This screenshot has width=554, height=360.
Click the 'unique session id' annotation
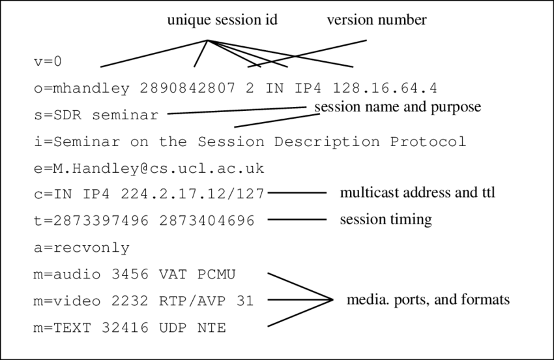[x=222, y=20]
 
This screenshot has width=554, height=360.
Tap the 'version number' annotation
[x=377, y=20]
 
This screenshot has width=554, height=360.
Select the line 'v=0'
[x=48, y=61]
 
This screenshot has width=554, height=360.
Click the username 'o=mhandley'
[x=82, y=88]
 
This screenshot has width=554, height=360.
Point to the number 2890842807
[x=188, y=88]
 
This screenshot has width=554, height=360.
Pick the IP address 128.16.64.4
[x=385, y=88]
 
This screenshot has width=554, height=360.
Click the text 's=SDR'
[x=58, y=115]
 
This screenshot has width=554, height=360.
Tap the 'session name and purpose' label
[x=398, y=107]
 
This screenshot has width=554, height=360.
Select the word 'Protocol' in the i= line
[x=428, y=142]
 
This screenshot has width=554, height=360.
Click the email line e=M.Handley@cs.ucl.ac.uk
[x=149, y=168]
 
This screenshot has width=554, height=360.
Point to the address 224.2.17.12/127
[x=192, y=194]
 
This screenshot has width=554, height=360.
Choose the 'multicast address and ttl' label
[x=417, y=193]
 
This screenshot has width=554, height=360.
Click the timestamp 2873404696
[x=207, y=220]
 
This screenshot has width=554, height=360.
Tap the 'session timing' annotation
[x=386, y=220]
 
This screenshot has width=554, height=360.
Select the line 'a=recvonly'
[x=82, y=248]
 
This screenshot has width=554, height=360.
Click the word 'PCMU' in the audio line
[x=216, y=275]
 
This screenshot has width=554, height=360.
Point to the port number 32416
[x=125, y=328]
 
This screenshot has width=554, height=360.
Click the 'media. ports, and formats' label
[x=428, y=299]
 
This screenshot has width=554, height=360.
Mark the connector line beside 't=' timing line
[x=297, y=220]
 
